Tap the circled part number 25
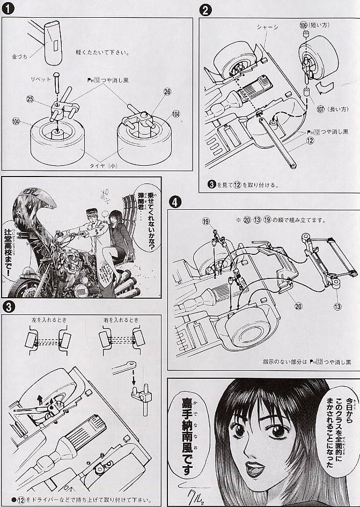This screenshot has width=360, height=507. (x=30, y=99)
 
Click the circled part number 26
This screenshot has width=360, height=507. (x=167, y=92)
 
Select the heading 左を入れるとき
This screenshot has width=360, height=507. (x=49, y=320)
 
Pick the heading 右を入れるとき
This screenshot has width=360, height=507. (x=121, y=320)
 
